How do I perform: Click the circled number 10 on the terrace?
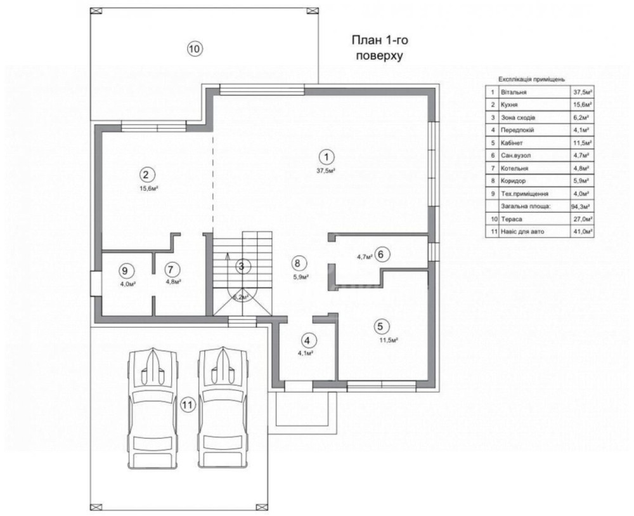pos(195,49)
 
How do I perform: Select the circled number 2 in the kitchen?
pos(146,175)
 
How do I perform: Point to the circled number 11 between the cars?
pos(188,404)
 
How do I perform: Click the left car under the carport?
pos(152,407)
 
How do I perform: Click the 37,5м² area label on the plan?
pos(327,171)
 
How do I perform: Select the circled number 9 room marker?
pos(126,270)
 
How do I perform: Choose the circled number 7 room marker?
pos(172,269)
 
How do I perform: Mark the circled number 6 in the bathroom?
pos(382,255)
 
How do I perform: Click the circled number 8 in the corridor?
pos(298,263)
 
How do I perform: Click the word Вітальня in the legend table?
pos(514,92)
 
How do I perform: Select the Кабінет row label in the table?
pos(512,143)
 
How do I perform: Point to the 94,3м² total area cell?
pos(581,206)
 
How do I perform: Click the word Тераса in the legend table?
pos(511,219)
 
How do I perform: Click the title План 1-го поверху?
pos(380,48)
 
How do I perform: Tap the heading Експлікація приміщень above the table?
pos(532,79)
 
